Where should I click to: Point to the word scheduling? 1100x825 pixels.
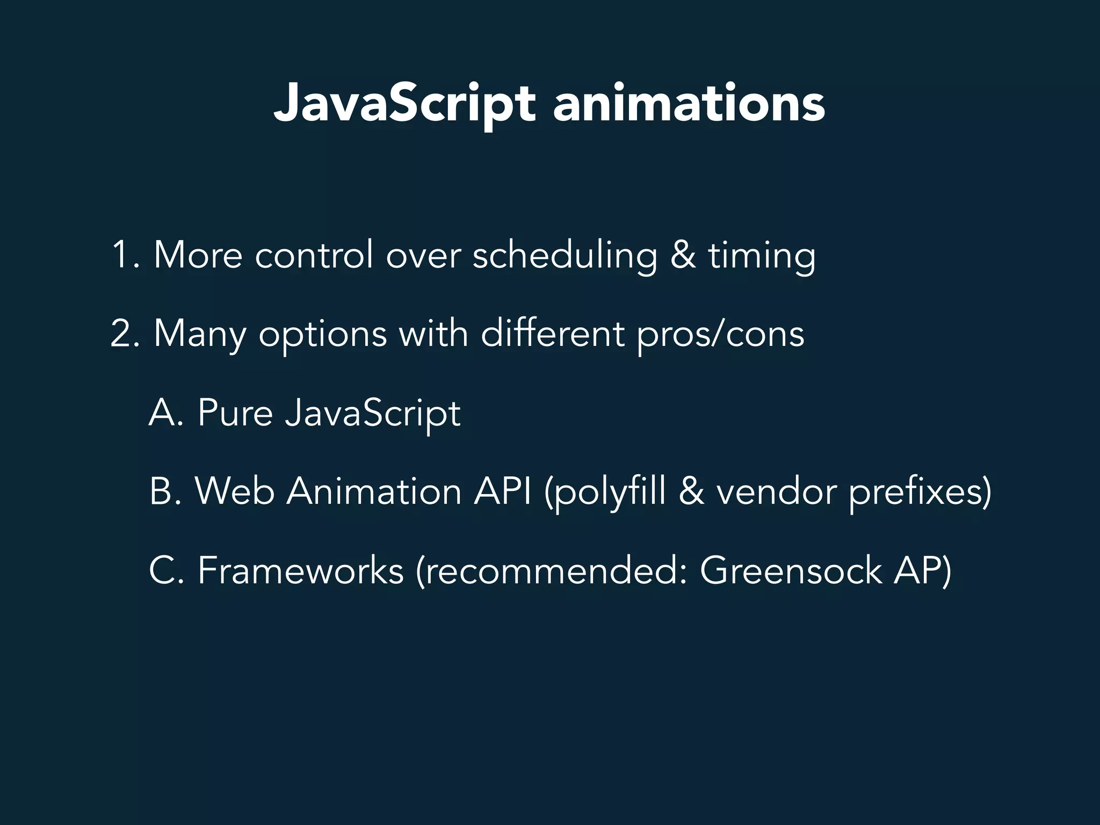pyautogui.click(x=565, y=256)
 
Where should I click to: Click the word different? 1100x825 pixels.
pyautogui.click(x=552, y=334)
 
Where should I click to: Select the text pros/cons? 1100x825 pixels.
pyautogui.click(x=720, y=335)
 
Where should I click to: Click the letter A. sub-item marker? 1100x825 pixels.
pyautogui.click(x=166, y=413)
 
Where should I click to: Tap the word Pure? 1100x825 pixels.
pyautogui.click(x=235, y=413)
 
